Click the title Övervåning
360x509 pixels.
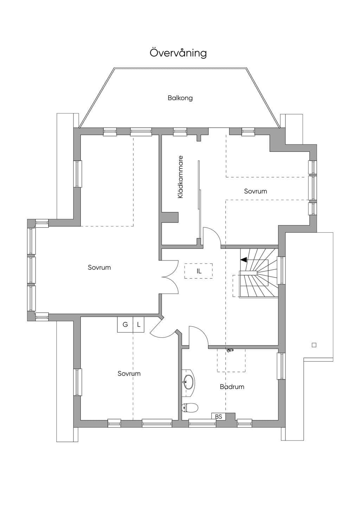pyautogui.click(x=178, y=53)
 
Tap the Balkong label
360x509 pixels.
pyautogui.click(x=180, y=98)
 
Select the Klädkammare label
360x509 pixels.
pyautogui.click(x=180, y=177)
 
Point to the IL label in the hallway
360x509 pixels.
pyautogui.click(x=199, y=271)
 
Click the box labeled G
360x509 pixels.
pyautogui.click(x=125, y=324)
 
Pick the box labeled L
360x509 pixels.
pyautogui.click(x=139, y=324)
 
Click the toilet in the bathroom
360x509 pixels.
pyautogui.click(x=190, y=408)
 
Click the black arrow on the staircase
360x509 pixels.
pyautogui.click(x=243, y=259)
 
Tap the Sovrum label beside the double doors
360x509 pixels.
pyautogui.click(x=99, y=268)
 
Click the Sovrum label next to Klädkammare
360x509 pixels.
pyautogui.click(x=256, y=191)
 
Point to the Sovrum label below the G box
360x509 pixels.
pyautogui.click(x=129, y=374)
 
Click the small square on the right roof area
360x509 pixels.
pyautogui.click(x=314, y=345)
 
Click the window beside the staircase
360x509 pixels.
pyautogui.click(x=282, y=270)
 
